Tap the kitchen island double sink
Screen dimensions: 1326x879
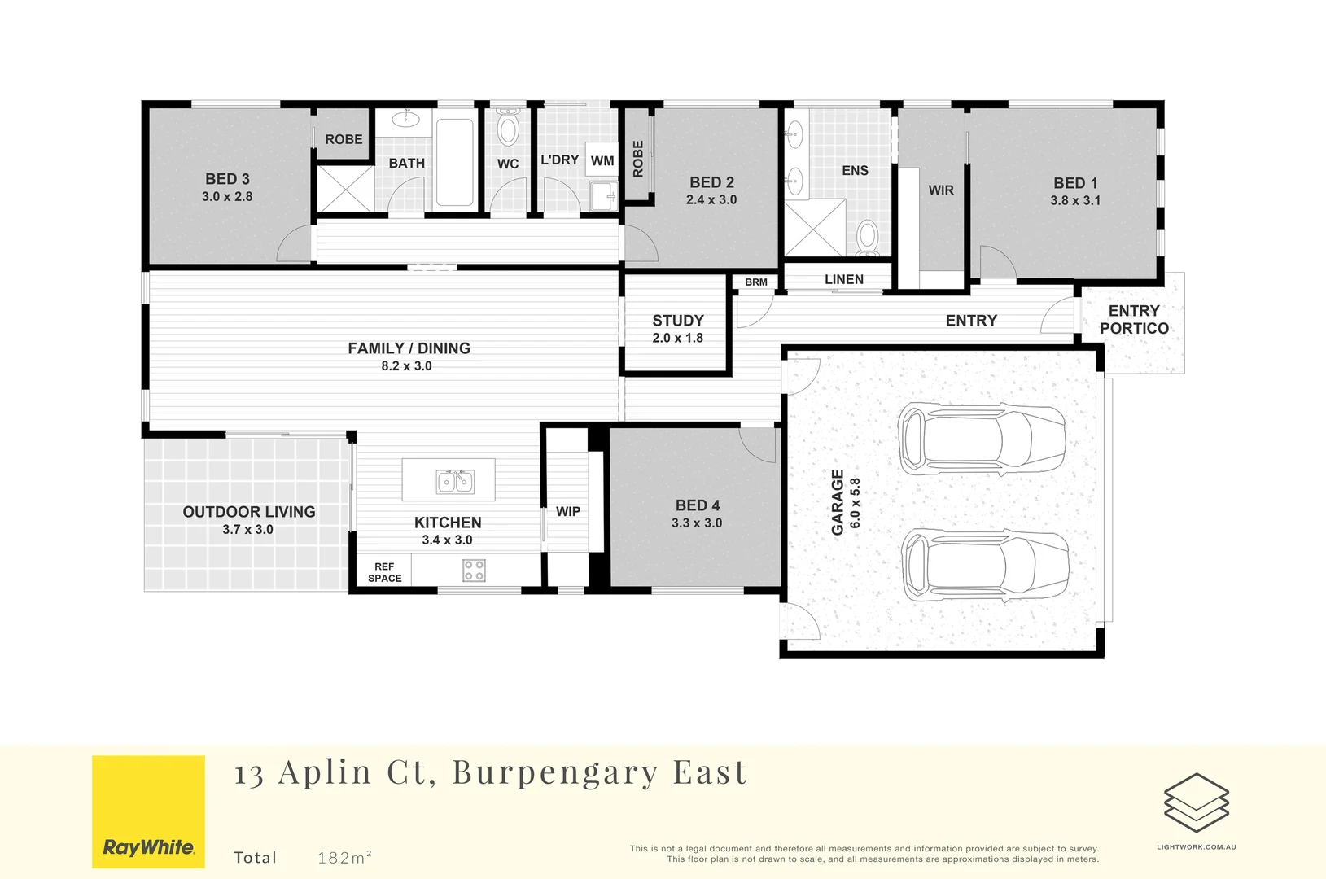pos(455,481)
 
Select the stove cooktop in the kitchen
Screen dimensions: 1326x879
pos(475,570)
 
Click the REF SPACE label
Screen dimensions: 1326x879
pos(385,572)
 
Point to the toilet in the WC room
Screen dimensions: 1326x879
pos(507,126)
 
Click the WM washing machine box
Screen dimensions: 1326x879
pos(602,160)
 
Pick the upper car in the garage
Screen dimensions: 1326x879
pos(982,439)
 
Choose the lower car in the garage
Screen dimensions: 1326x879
pos(985,566)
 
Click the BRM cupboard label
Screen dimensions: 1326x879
pos(756,282)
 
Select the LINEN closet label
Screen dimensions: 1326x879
pos(844,279)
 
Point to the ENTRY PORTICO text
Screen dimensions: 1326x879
pos(1134,320)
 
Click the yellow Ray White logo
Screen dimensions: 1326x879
pos(149,811)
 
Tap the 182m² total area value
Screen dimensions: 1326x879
pos(344,856)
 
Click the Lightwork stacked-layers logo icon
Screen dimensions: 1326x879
pos(1197,802)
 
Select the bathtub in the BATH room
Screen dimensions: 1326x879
pos(455,162)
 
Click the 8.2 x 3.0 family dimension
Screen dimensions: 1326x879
pos(407,365)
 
